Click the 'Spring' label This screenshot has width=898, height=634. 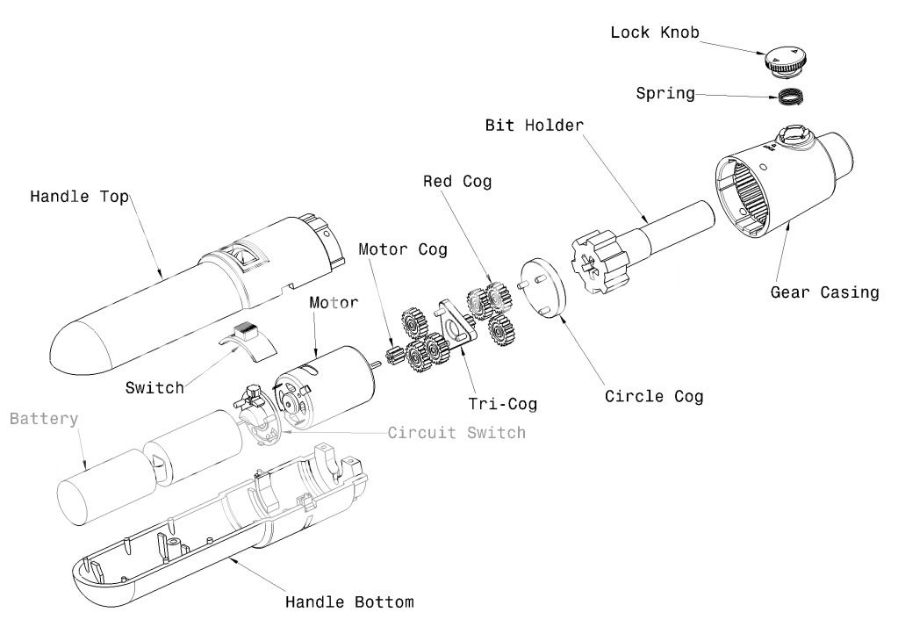pos(665,92)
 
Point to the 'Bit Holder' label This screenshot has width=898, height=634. pos(535,125)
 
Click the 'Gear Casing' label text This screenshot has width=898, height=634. pos(824,292)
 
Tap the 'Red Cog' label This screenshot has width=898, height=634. pos(457,182)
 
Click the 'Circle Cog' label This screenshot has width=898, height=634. pos(654,397)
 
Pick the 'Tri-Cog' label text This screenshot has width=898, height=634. pos(501,404)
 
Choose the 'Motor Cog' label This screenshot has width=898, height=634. pos(402,249)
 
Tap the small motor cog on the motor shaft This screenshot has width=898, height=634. pos(394,357)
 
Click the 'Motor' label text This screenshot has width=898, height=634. pos(334,303)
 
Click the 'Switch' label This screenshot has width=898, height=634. pos(154,387)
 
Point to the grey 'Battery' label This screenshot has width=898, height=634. pos(44,419)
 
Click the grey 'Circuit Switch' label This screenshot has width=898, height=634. pos(456,432)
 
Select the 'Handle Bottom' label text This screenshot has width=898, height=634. pos(349,602)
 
